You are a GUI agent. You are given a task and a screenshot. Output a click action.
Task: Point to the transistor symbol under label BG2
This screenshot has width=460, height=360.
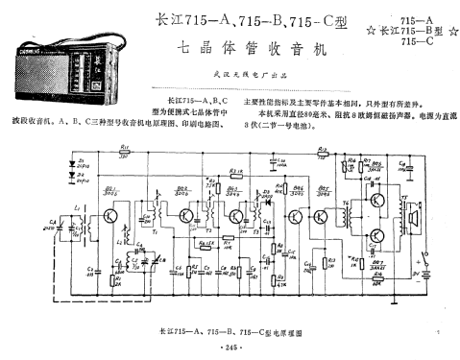(x=182, y=214)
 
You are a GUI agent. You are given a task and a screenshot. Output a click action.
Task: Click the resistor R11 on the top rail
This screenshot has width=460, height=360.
(x=125, y=155)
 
